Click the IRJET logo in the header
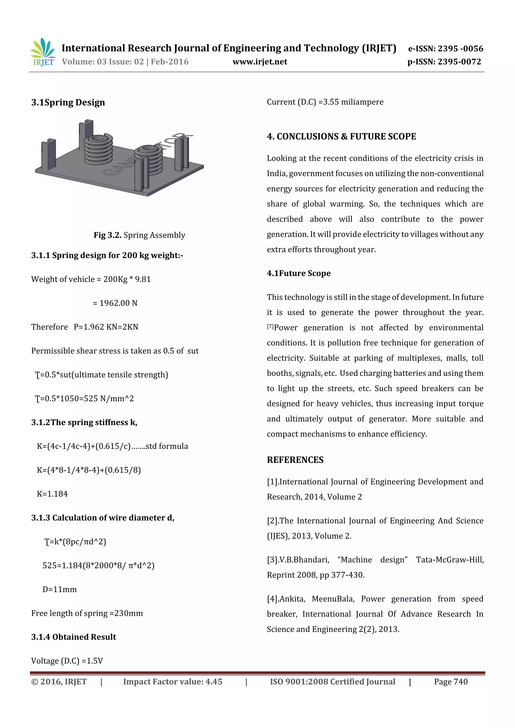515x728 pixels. coord(43,52)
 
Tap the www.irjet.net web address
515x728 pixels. coord(260,62)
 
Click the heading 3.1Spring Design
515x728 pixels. coord(68,103)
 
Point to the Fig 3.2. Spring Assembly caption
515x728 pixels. coord(139,235)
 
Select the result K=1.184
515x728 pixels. coord(52,494)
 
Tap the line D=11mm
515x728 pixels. coord(60,589)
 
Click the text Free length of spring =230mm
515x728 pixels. coord(87,613)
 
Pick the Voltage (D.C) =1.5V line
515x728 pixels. coord(67,661)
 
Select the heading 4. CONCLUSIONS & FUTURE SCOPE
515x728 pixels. coord(341,136)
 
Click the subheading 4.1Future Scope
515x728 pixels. coord(298,273)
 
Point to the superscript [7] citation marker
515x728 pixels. coord(270,326)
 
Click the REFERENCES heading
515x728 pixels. coord(295,460)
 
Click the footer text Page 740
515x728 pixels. coord(451,682)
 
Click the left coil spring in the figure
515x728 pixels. coord(98,149)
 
